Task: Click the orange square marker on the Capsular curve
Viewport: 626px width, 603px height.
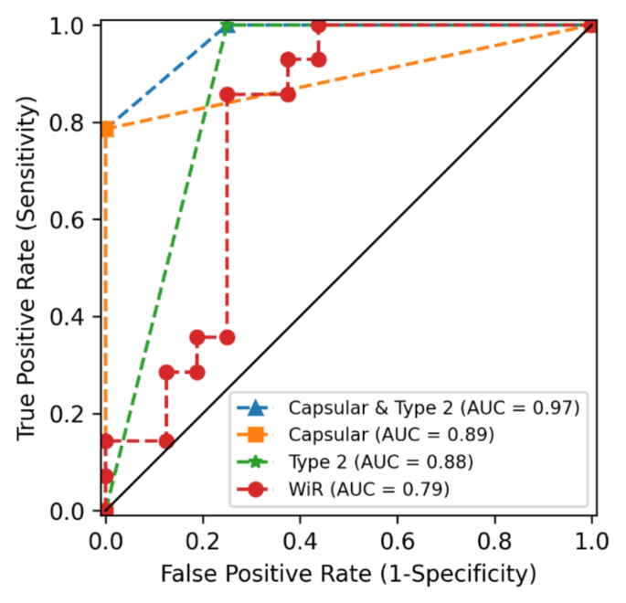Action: coord(107,130)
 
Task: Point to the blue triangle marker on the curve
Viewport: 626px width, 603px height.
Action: coord(228,26)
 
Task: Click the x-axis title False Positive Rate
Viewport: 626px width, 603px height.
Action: coord(347,575)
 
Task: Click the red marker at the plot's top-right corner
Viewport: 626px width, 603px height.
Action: coord(590,26)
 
